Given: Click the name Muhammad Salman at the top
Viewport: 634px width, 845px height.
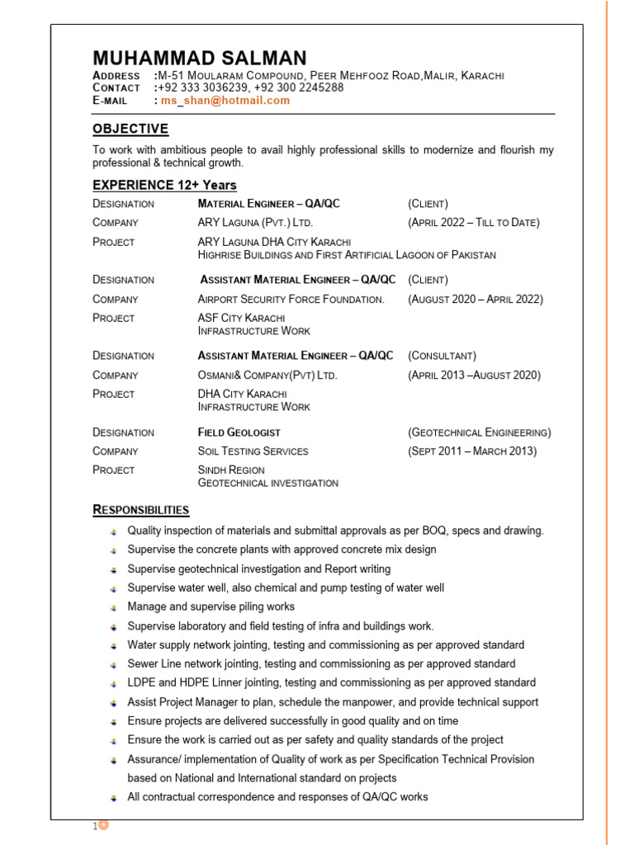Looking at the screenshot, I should click(199, 58).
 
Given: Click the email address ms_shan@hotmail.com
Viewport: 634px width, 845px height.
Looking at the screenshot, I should click(225, 101).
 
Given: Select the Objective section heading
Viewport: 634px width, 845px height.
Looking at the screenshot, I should click(130, 129).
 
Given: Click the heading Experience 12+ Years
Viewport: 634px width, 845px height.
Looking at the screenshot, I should click(164, 185).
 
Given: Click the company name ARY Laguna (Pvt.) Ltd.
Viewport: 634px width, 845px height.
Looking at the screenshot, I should click(256, 222).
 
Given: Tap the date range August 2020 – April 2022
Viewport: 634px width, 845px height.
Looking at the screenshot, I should click(475, 299).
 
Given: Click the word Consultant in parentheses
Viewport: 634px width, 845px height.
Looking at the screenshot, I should click(442, 356).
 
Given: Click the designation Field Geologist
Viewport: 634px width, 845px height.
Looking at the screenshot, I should click(239, 432).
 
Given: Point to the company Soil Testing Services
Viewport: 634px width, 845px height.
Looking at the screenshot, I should click(253, 451).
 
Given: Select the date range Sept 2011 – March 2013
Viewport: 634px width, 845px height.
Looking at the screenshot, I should click(472, 451).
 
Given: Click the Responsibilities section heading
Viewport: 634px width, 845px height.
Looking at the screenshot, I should click(141, 509).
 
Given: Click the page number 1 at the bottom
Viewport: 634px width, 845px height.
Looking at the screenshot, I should click(95, 826).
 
